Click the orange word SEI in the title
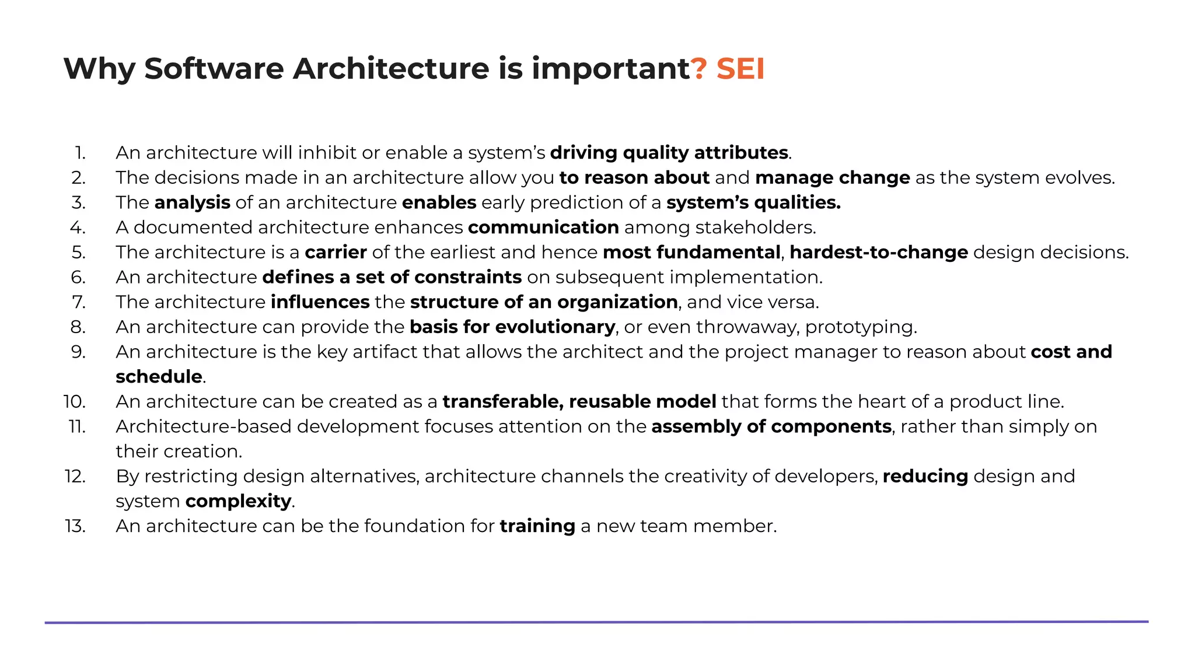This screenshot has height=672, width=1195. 740,69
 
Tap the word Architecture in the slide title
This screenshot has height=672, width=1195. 392,69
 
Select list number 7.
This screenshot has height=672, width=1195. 78,302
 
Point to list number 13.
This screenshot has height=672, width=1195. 75,526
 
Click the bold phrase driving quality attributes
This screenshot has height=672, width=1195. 669,153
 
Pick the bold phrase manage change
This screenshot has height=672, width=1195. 832,177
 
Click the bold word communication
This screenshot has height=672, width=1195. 543,228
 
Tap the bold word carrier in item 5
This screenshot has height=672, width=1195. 336,253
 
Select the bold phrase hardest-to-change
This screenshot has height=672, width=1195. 879,253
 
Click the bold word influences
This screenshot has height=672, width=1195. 320,302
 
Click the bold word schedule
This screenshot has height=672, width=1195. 159,377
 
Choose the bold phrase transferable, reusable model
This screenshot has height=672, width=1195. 579,402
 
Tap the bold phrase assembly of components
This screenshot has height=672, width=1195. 771,426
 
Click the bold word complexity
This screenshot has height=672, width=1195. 238,501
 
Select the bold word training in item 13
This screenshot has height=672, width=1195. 537,526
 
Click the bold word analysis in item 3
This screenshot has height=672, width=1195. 192,202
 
